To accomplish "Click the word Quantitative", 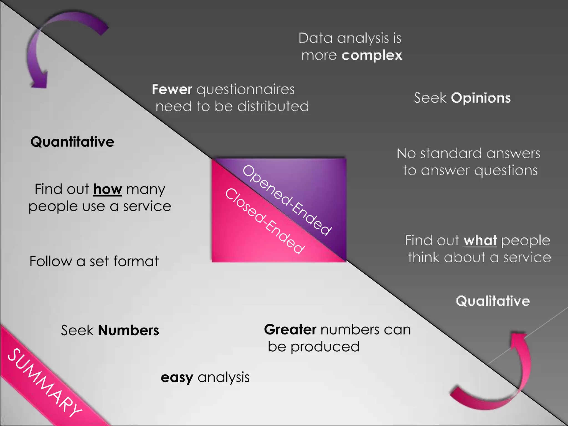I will pyautogui.click(x=72, y=142).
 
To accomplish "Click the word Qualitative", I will pyautogui.click(x=493, y=301).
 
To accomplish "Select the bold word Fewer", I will pyautogui.click(x=172, y=89).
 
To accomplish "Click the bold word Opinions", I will pyautogui.click(x=481, y=98).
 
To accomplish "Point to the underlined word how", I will pyautogui.click(x=108, y=189).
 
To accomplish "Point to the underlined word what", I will pyautogui.click(x=480, y=240).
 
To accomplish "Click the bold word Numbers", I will pyautogui.click(x=128, y=330).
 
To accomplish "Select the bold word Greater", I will pyautogui.click(x=290, y=329).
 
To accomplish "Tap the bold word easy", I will pyautogui.click(x=177, y=378).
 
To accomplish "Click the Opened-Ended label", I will pyautogui.click(x=287, y=200).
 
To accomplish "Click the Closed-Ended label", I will pyautogui.click(x=265, y=221).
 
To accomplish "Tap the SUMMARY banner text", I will pyautogui.click(x=44, y=383).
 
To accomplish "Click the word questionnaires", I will pyautogui.click(x=246, y=90).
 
